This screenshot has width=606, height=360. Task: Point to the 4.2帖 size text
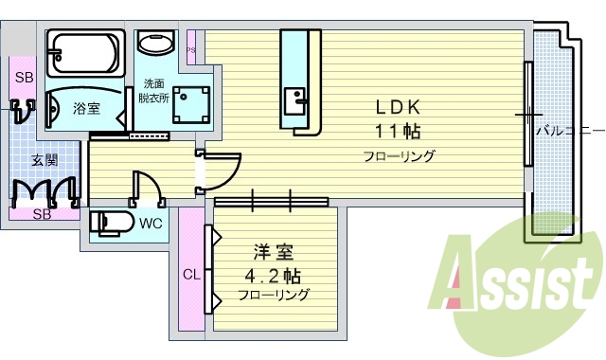point(274,276)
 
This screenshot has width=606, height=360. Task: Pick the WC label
point(150,225)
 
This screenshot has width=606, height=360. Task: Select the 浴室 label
point(87,109)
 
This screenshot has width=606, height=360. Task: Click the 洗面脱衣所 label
point(151,90)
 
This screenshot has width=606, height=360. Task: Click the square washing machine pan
point(192,104)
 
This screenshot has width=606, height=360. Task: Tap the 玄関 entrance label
point(45,159)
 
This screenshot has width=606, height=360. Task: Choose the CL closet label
point(191,276)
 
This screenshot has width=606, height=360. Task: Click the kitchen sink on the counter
point(294,99)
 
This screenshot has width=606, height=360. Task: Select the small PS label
point(191,50)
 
